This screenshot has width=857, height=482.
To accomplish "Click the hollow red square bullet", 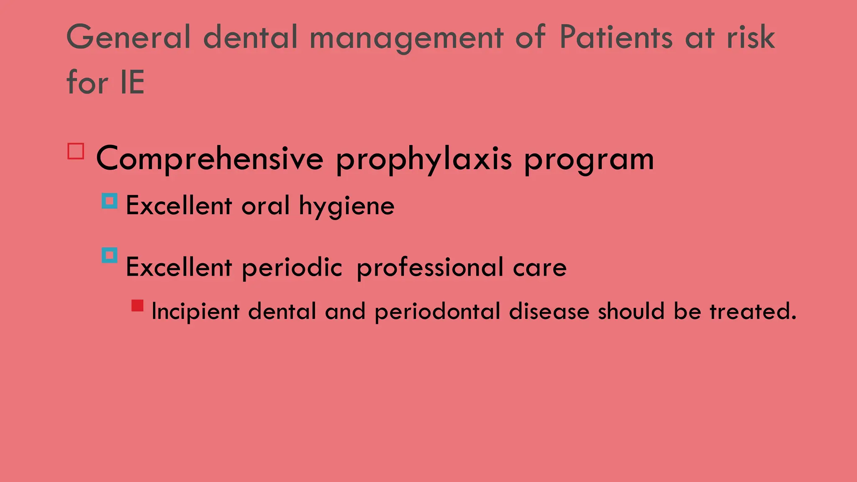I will click(x=76, y=151).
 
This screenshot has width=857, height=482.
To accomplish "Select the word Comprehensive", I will click(x=210, y=159).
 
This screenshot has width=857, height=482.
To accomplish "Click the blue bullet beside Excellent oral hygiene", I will click(x=110, y=201).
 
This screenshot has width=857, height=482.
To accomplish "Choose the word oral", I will click(x=265, y=205).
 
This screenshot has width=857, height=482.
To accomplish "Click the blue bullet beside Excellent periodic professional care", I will click(x=110, y=255).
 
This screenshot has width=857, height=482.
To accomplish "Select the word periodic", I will click(x=292, y=268).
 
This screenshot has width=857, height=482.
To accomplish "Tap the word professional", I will click(x=430, y=268).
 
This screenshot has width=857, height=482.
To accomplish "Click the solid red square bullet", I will click(x=137, y=305).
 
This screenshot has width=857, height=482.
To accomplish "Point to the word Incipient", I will click(x=195, y=312).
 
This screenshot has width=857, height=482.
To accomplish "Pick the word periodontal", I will click(x=437, y=312).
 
